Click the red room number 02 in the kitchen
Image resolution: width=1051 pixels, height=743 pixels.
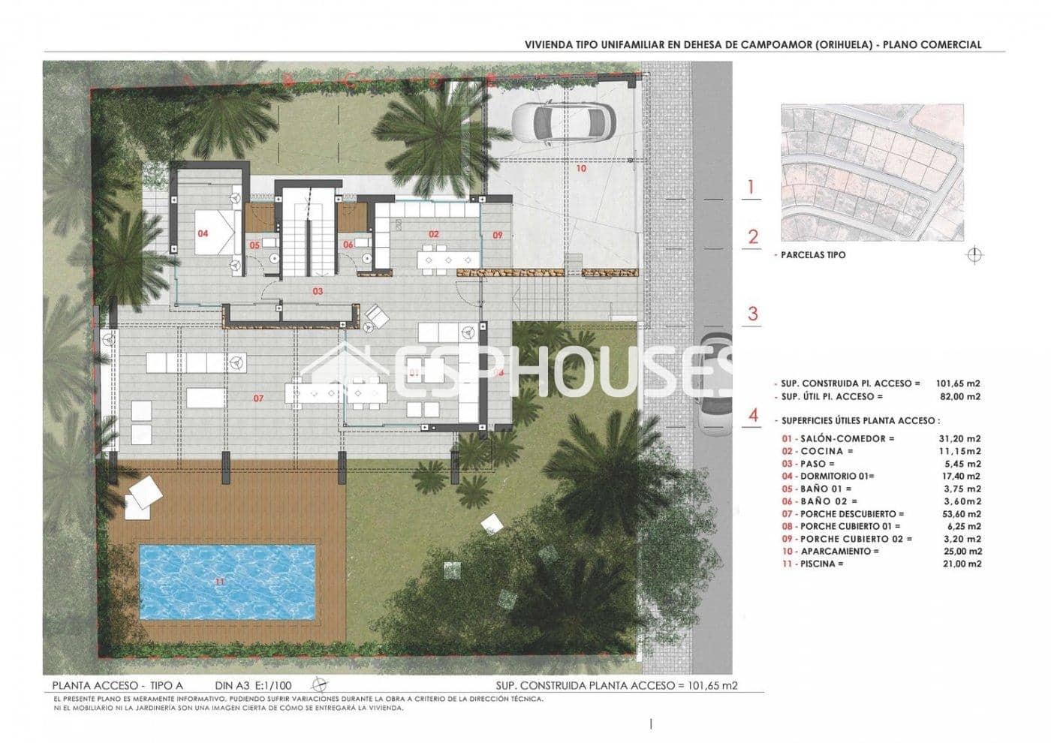(x=434, y=234)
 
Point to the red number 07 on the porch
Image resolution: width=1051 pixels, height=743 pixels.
(x=258, y=399)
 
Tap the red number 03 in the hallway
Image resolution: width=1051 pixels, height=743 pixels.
(x=318, y=290)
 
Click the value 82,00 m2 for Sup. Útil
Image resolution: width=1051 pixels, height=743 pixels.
(x=958, y=396)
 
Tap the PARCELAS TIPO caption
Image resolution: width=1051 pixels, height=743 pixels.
(x=813, y=255)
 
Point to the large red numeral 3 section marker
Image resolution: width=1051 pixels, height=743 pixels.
(x=753, y=314)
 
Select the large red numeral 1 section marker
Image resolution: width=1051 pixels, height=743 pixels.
(x=753, y=187)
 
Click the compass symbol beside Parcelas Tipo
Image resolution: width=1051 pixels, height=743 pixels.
(x=974, y=255)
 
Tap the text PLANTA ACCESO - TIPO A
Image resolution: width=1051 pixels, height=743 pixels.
(x=117, y=686)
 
